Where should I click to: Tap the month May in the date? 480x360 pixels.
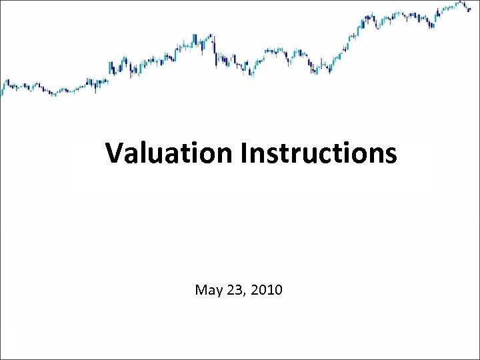207,291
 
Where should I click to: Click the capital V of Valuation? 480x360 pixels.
114,154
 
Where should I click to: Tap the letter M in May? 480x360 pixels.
200,290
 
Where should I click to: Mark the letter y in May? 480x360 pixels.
216,291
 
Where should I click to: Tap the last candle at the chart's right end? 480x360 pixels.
469,10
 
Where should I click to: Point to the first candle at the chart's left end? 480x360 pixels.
2,87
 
